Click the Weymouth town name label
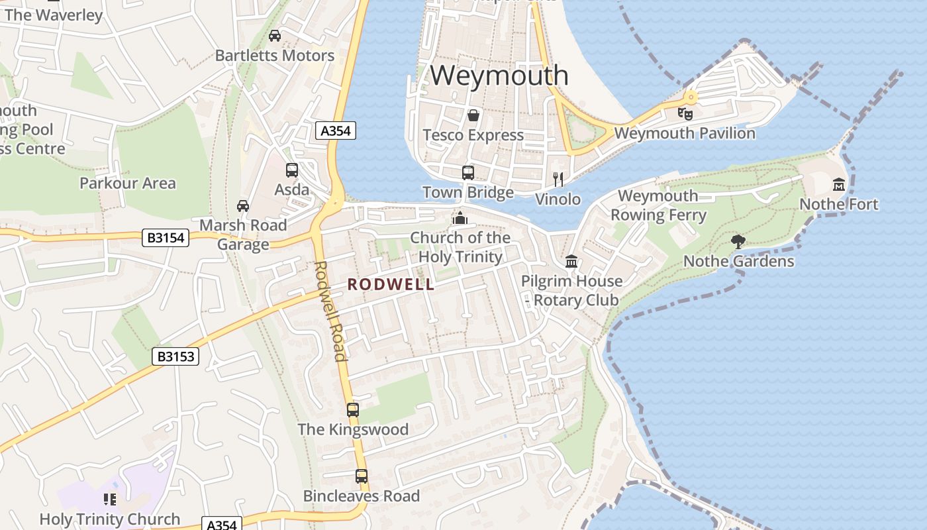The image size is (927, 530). [x=499, y=76]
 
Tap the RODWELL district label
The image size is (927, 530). [x=391, y=284]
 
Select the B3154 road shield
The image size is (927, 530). [x=166, y=238]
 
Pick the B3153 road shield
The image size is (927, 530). [x=175, y=356]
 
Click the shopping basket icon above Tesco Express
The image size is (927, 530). [x=473, y=116]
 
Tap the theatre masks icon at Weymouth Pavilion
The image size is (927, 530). [x=685, y=113]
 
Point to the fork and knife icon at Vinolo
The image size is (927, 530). [x=558, y=179]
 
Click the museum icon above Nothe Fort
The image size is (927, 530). [x=839, y=184]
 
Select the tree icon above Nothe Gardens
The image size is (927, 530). [x=738, y=242]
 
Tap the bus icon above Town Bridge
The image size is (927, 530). [x=468, y=173]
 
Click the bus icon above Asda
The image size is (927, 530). [x=292, y=170]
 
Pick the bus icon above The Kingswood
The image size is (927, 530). [x=353, y=409]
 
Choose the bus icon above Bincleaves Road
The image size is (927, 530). [x=362, y=476]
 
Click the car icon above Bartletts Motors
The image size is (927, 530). [x=275, y=36]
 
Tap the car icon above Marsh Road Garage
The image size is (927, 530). [x=243, y=205]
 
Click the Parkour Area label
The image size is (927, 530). [x=128, y=183]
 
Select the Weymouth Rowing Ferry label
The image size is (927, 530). [x=658, y=205]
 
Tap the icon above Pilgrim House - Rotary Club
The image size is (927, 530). [x=571, y=262]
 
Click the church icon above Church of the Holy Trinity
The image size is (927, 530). [x=460, y=218]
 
